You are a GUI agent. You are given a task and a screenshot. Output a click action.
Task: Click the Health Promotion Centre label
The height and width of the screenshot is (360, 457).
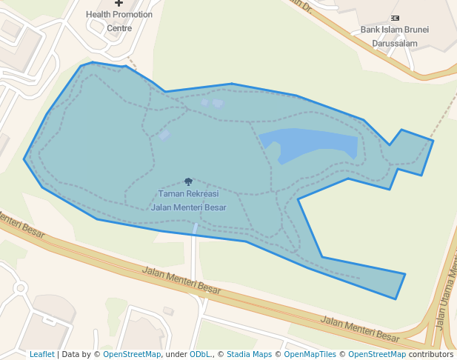tap(119, 21)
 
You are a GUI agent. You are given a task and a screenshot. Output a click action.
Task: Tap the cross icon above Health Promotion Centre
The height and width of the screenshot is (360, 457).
tap(119, 4)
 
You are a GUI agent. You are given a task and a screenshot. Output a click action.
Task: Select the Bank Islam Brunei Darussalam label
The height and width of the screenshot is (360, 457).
tap(394, 36)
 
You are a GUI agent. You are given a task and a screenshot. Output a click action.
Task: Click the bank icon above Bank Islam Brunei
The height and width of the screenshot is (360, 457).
tap(395, 17)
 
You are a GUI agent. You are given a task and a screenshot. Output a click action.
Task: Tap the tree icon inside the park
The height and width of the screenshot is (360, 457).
tap(188, 181)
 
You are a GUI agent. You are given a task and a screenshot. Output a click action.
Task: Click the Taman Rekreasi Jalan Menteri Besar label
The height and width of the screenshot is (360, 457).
tap(188, 200)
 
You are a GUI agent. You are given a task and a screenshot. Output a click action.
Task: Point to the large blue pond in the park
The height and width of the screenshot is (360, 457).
tap(311, 144)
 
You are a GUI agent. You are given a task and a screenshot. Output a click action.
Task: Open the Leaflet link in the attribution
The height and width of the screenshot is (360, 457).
tap(41, 354)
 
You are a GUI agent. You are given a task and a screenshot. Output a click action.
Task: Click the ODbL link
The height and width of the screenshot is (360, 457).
tap(199, 354)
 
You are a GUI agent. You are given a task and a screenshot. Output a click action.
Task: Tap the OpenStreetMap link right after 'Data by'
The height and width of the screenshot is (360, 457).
tap(132, 354)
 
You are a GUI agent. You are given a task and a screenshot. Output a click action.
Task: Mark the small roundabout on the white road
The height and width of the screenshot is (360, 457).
tap(19, 287)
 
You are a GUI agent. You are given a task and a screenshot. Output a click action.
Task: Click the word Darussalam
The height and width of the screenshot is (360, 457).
tap(394, 43)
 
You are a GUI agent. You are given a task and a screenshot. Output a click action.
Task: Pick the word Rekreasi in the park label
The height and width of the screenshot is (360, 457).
tap(192, 193)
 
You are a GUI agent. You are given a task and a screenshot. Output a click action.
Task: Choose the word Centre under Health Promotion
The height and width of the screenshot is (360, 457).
tap(119, 28)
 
